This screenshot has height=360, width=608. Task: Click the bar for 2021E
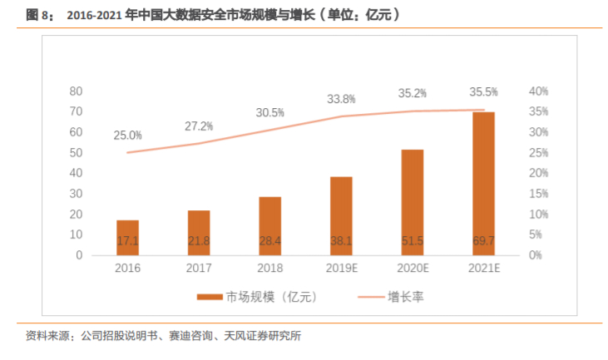pyautogui.click(x=483, y=183)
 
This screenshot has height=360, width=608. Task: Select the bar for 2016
pyautogui.click(x=127, y=238)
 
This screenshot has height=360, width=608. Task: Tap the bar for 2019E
pyautogui.click(x=341, y=216)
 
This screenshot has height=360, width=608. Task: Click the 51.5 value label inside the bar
pyautogui.click(x=412, y=241)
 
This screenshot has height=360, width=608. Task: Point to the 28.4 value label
pyautogui.click(x=269, y=241)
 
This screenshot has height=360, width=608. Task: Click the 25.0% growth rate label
pyautogui.click(x=128, y=135)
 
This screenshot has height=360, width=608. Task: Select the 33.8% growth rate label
pyautogui.click(x=341, y=98)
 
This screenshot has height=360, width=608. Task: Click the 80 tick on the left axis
pyautogui.click(x=76, y=91)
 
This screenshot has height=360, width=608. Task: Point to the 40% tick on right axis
pyautogui.click(x=539, y=91)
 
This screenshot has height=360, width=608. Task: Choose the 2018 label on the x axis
pyautogui.click(x=269, y=269)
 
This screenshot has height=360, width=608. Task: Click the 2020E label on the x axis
pyautogui.click(x=412, y=269)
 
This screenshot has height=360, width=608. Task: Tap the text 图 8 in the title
pyautogui.click(x=32, y=15)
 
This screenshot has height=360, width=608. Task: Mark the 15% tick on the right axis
pyautogui.click(x=539, y=194)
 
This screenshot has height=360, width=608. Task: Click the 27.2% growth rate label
pyautogui.click(x=199, y=126)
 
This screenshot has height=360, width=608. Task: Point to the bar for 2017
pyautogui.click(x=199, y=233)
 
